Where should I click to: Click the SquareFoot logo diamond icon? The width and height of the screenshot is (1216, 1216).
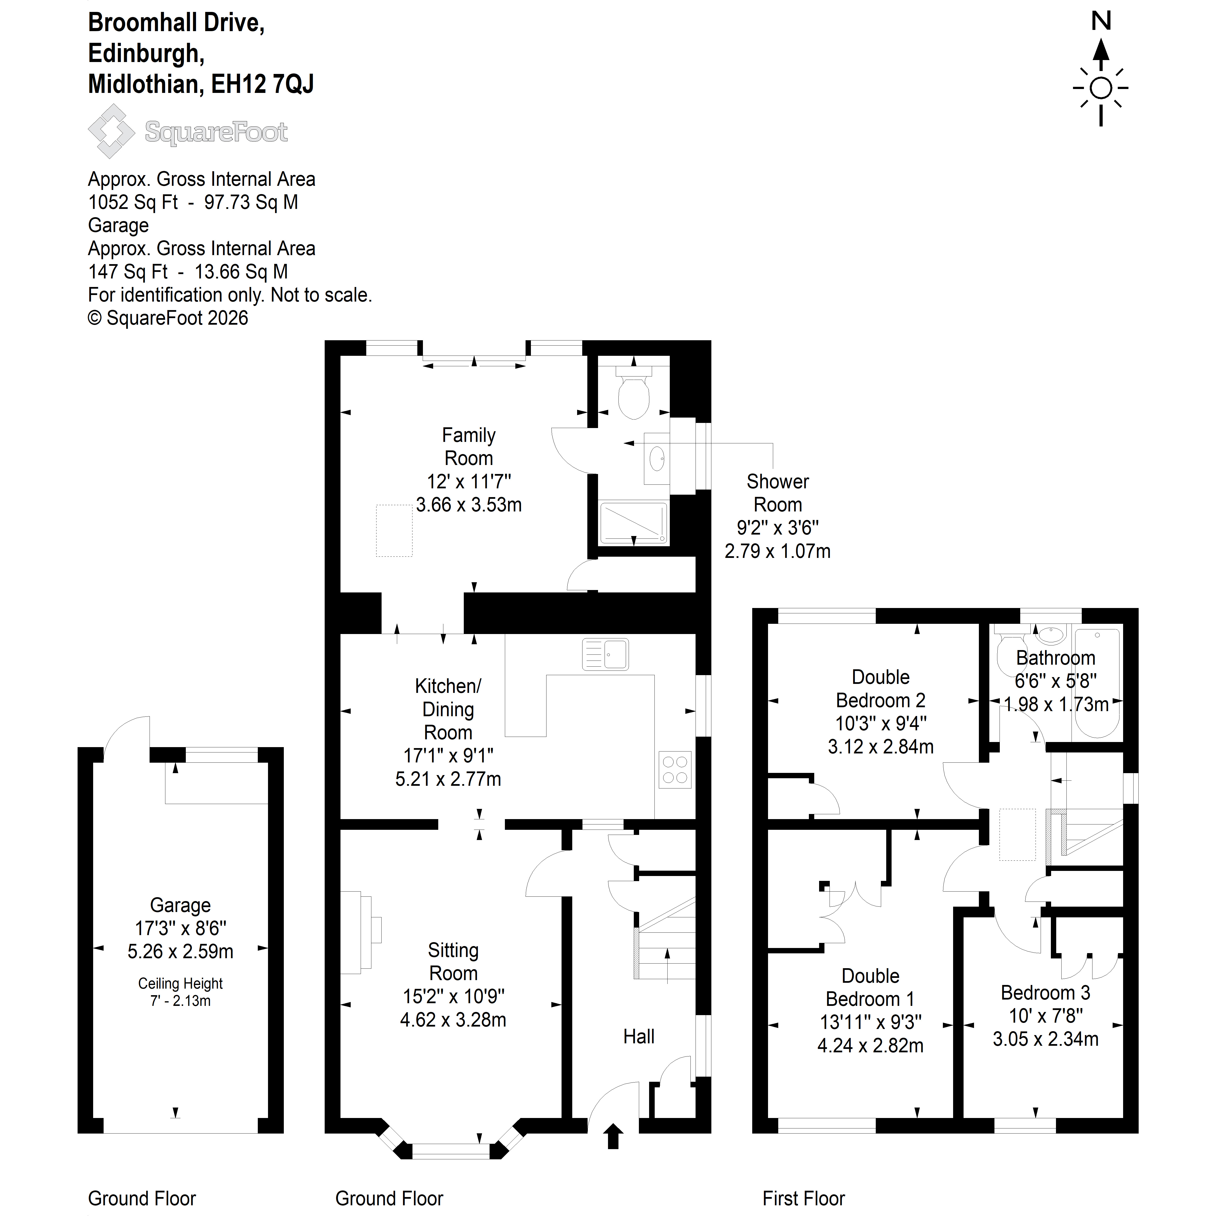pyautogui.click(x=111, y=131)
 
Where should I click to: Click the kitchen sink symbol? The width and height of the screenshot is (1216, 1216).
pyautogui.click(x=606, y=654)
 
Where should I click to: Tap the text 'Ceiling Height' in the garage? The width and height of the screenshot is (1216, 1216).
pyautogui.click(x=181, y=984)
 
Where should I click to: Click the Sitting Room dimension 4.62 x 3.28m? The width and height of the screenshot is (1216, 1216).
pyautogui.click(x=453, y=1020)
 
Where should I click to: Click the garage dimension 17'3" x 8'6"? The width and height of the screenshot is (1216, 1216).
pyautogui.click(x=181, y=928)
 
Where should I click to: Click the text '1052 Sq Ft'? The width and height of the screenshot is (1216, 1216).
pyautogui.click(x=134, y=202)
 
